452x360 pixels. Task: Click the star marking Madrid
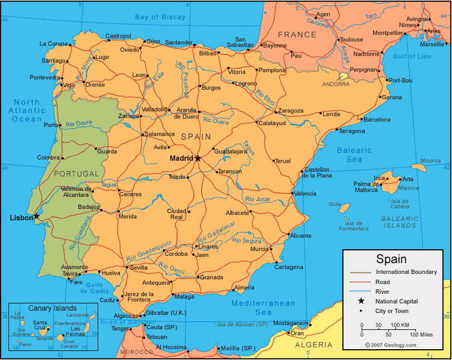[x=197, y=158]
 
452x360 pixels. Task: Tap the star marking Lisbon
[x=36, y=216]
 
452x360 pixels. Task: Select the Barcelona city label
[x=377, y=119]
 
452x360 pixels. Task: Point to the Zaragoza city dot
[x=275, y=111]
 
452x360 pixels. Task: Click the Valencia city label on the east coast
[x=305, y=193]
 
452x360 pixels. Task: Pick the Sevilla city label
[x=139, y=267]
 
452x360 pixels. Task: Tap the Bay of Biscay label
[x=160, y=17]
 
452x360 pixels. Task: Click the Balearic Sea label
[x=354, y=155]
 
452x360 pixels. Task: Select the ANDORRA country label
[x=336, y=84]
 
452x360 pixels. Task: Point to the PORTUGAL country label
[x=76, y=174]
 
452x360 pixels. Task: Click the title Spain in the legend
[x=391, y=259]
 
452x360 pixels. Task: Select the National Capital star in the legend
[x=362, y=301]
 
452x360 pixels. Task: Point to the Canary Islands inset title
[x=52, y=308]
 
